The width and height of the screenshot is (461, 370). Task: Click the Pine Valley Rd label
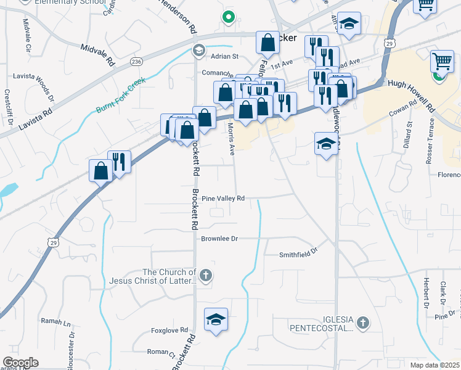tap(224, 198)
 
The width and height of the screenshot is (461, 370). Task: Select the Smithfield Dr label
tap(298, 253)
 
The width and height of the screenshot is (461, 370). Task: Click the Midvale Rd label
tap(98, 54)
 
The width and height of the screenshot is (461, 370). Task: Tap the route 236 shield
tap(136, 61)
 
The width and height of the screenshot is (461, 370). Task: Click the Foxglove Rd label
tap(170, 331)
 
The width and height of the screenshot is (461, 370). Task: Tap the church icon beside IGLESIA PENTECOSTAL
tap(364, 322)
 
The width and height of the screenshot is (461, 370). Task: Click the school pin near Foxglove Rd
tap(215, 320)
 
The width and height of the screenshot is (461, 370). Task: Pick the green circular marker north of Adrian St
tap(229, 17)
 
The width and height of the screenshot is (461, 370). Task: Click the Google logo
tap(21, 363)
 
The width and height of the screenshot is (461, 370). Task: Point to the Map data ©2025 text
tap(435, 365)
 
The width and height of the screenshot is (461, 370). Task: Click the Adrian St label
tap(224, 56)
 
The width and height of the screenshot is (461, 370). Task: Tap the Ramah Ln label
tap(56, 321)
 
